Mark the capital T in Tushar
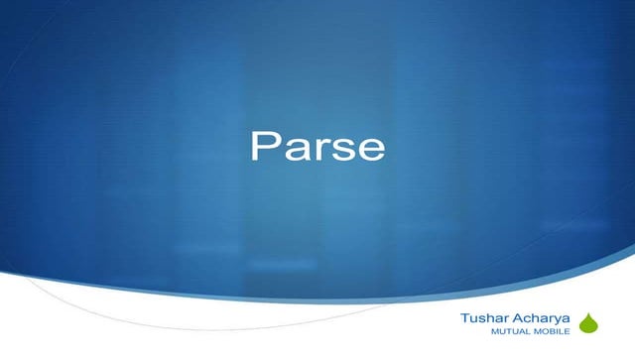(x=465, y=318)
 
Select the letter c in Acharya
(x=526, y=319)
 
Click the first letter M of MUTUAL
(x=482, y=332)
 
